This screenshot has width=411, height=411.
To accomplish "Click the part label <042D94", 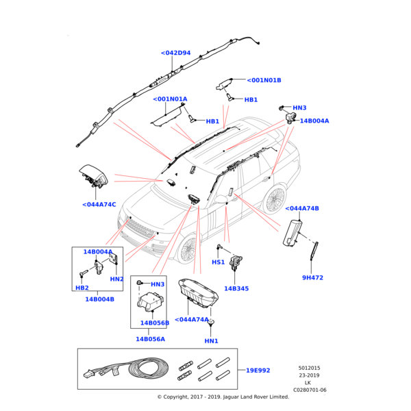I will pyautogui.click(x=175, y=53).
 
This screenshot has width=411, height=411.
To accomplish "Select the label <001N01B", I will pyautogui.click(x=264, y=80).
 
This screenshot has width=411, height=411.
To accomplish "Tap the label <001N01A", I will pyautogui.click(x=170, y=99).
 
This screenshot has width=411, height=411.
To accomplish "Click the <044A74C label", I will pyautogui.click(x=99, y=204).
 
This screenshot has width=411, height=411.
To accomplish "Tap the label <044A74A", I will pyautogui.click(x=192, y=319).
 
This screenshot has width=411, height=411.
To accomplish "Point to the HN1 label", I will pyautogui.click(x=211, y=340).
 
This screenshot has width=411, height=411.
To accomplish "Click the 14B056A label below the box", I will pyautogui.click(x=150, y=339).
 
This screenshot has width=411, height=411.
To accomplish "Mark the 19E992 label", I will pyautogui.click(x=258, y=370).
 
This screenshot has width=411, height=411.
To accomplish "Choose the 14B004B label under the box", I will pyautogui.click(x=99, y=299).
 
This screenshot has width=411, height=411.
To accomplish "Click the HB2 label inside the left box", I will pyautogui.click(x=82, y=288).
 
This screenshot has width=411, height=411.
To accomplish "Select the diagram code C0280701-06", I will pyautogui.click(x=310, y=390).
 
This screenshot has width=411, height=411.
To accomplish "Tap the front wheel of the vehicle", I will pyautogui.click(x=188, y=251).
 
